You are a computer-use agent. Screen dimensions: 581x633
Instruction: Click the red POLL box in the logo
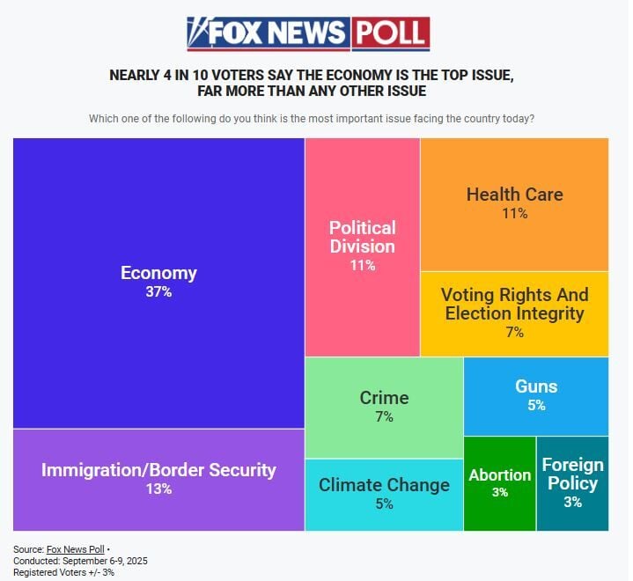click(390, 33)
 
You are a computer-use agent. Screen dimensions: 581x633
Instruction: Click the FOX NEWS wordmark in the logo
click(277, 33)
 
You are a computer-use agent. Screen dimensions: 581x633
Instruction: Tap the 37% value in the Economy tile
click(158, 291)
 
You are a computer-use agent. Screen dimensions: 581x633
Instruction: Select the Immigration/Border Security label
click(158, 470)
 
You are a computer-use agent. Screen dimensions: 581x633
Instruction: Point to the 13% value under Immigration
click(158, 489)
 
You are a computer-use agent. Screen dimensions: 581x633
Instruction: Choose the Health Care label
click(514, 195)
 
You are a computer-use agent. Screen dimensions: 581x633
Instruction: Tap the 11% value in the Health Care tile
click(514, 214)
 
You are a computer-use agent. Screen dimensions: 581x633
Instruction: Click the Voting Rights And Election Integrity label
click(514, 304)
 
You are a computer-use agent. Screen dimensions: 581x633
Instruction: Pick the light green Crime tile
click(384, 407)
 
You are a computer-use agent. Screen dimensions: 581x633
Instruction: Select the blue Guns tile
click(536, 395)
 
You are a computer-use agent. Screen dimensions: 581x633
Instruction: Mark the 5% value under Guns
click(536, 406)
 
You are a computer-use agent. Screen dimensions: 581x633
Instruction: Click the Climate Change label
click(384, 485)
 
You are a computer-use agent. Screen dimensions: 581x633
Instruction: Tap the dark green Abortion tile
click(499, 483)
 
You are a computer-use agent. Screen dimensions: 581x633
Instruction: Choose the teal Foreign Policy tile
click(572, 483)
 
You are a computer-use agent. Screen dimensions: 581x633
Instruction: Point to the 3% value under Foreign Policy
click(572, 503)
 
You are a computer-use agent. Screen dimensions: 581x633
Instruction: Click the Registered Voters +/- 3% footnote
click(63, 572)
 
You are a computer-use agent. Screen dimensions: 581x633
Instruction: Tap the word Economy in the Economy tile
click(158, 273)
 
